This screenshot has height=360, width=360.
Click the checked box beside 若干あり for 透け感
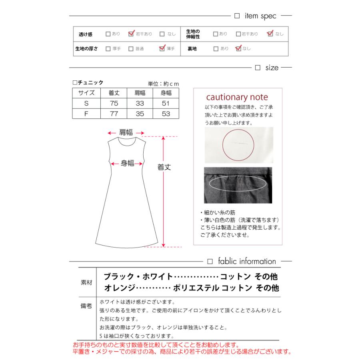point(131,34)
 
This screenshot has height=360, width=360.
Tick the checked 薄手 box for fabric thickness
point(162,48)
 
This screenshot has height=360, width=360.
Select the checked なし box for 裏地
point(238,48)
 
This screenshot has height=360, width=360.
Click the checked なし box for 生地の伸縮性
point(270,34)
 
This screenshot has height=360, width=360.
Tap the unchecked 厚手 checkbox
point(108,49)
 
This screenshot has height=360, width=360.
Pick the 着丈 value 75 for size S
point(114,104)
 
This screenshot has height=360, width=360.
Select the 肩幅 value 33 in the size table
point(140,104)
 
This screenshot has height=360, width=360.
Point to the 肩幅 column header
point(140,93)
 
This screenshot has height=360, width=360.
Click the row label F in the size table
point(86,114)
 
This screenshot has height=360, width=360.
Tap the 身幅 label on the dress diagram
point(128,163)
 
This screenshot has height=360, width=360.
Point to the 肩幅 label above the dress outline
point(126,133)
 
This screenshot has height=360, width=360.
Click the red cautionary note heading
point(237,98)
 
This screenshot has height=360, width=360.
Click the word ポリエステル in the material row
point(196,288)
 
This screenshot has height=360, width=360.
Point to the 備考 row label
point(86,306)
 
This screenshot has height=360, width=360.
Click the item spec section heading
point(260,16)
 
